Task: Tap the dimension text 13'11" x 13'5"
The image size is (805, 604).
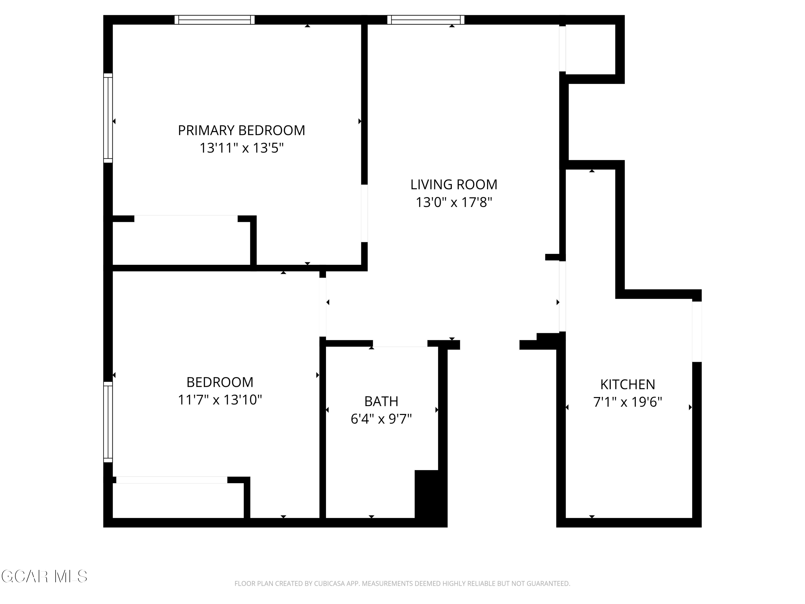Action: coord(241,148)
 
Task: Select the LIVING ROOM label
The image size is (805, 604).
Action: coord(453,185)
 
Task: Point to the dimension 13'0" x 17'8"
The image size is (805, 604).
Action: coord(453,202)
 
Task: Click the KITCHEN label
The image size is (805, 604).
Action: coord(627,384)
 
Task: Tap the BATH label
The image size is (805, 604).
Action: coord(381,401)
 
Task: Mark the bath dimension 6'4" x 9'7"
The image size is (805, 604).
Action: coord(381,419)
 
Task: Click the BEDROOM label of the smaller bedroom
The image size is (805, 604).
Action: coord(220,382)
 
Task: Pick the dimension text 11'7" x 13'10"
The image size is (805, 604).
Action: coord(220,400)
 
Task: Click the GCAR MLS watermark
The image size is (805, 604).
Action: coord(44,576)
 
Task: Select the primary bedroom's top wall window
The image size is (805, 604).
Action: coord(214,20)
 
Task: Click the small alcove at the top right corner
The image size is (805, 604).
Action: coord(590,49)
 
